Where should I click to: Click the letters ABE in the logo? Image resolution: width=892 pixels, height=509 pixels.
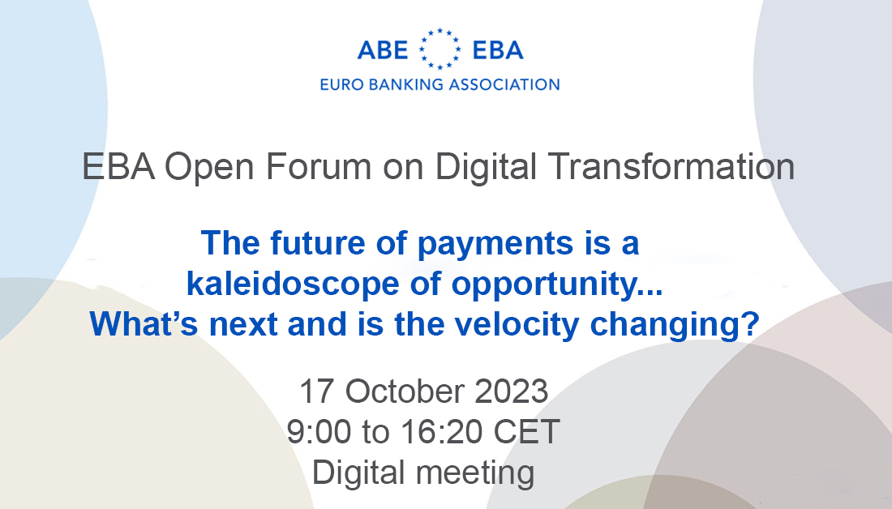(383, 51)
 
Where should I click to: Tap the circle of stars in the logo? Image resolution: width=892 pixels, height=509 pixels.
(440, 49)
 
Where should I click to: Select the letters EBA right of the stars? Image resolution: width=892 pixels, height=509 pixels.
(497, 51)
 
